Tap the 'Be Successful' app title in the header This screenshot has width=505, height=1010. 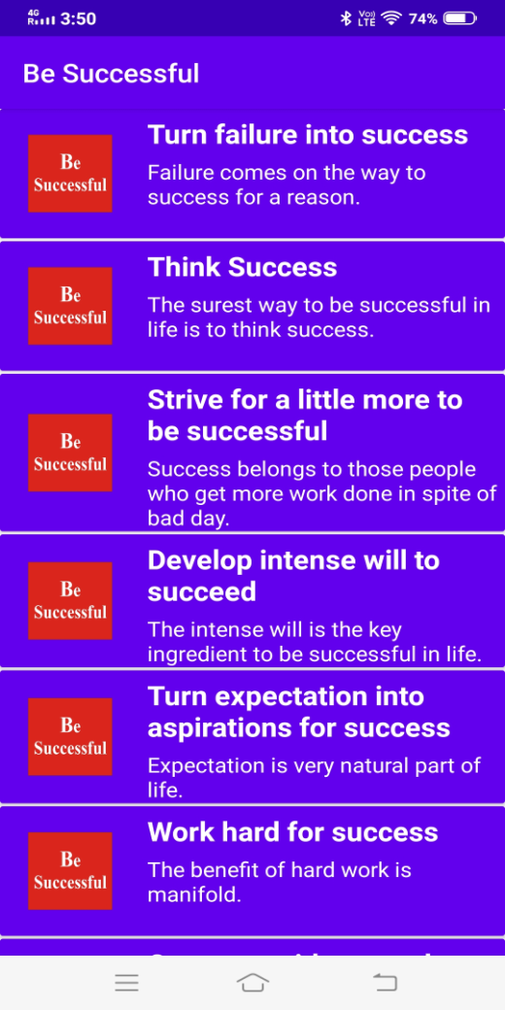111,74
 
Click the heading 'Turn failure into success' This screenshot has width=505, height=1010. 308,135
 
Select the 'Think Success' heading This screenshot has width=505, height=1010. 243,267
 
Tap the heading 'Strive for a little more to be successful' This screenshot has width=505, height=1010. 305,416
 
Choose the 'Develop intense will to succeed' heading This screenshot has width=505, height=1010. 293,576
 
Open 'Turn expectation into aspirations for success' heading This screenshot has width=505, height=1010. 299,712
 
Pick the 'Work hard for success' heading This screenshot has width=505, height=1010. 292,832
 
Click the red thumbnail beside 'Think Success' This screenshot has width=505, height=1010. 70,306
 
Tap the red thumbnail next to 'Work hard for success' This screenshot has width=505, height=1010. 70,871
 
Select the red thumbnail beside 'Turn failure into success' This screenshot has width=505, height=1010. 70,173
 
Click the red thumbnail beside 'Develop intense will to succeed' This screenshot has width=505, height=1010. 70,600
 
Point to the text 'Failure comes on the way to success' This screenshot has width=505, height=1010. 286,185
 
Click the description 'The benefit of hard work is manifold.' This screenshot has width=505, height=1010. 279,882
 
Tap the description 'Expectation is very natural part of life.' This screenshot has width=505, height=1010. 314,777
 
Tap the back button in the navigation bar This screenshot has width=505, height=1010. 386,983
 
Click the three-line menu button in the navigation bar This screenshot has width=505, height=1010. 126,983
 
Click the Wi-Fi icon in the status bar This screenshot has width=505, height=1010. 392,18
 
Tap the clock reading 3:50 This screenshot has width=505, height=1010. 78,18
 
